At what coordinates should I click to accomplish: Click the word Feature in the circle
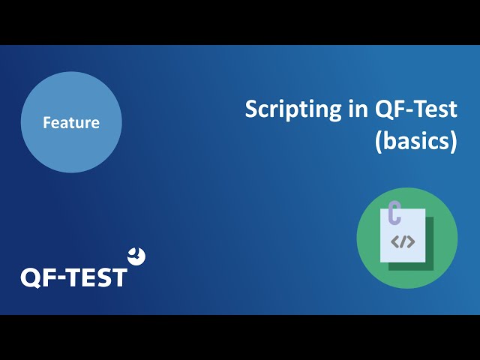(71, 122)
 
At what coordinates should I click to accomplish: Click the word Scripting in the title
(293, 110)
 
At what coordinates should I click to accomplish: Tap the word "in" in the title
(358, 109)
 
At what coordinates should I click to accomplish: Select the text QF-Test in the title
(416, 109)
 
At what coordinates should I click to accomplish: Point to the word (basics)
(416, 142)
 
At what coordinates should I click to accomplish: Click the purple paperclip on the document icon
(394, 212)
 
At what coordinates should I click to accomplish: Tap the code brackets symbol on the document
(403, 241)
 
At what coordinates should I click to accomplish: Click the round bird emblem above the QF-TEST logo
(136, 256)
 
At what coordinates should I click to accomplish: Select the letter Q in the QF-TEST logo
(31, 278)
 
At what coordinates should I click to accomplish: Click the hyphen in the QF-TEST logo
(59, 278)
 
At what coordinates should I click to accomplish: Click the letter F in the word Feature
(46, 122)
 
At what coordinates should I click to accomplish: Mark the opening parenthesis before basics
(378, 142)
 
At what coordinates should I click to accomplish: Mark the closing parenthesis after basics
(454, 142)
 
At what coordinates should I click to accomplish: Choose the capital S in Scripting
(251, 109)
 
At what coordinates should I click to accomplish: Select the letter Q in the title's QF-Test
(383, 109)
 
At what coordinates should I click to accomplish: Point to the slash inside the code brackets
(403, 241)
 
